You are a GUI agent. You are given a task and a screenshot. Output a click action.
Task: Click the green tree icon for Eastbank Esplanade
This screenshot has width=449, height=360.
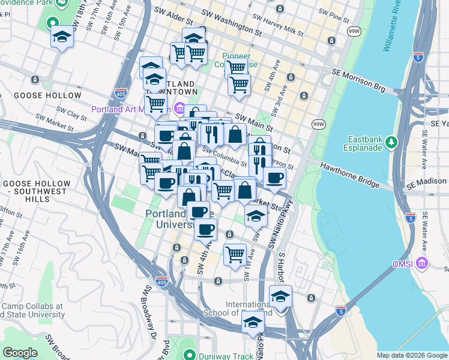[x=391, y=142]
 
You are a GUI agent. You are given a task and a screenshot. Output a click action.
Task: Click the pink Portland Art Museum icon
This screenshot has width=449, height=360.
[x=179, y=109]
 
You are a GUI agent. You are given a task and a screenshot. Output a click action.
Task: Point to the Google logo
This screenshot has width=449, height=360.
[x=20, y=352]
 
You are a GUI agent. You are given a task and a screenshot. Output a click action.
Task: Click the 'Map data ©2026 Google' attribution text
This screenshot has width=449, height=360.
[x=412, y=355]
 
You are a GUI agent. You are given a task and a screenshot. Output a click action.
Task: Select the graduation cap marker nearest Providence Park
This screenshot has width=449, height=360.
[x=62, y=37]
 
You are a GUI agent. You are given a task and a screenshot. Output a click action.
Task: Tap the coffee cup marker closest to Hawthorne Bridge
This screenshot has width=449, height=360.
[x=274, y=178]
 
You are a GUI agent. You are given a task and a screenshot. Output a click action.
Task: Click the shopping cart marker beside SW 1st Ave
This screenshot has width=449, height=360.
[x=235, y=254]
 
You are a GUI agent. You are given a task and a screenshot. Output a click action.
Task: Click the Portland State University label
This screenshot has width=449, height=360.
[x=170, y=220]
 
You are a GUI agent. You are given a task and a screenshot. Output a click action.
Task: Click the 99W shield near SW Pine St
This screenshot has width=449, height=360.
[x=354, y=30]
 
